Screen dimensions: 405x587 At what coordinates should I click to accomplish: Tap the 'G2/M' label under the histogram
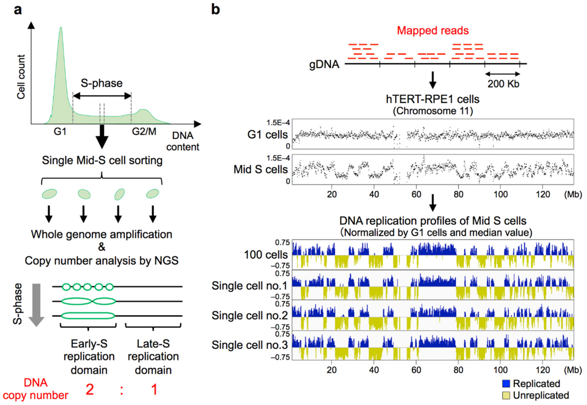point(144,131)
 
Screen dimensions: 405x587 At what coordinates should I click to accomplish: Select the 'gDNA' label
point(324,64)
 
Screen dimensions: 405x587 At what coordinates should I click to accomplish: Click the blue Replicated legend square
point(506,383)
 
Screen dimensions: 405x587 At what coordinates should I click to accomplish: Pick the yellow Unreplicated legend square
point(506,395)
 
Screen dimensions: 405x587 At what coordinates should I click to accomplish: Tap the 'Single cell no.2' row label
point(250,316)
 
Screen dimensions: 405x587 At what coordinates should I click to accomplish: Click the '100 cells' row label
point(266,255)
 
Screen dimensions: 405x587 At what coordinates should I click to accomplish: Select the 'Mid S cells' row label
point(260,169)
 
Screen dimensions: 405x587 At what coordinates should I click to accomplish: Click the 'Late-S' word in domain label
point(153,344)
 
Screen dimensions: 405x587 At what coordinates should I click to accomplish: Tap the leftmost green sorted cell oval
point(49,194)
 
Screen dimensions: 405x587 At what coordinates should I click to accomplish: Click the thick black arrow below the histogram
point(102,137)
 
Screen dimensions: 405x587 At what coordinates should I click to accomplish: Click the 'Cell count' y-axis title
point(21,77)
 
